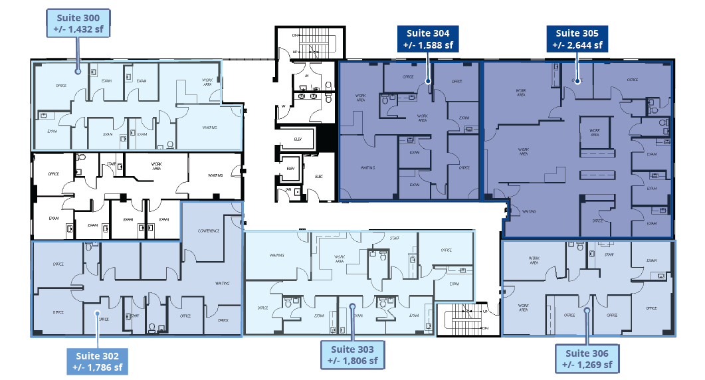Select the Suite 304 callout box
point(427,39)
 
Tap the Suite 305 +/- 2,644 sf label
point(577,39)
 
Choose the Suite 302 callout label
point(97,361)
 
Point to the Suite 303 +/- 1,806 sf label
point(352,355)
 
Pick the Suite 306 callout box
point(587,358)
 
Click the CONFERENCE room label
point(209,231)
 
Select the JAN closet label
point(288,190)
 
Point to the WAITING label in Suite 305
point(529,211)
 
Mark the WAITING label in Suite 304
point(367,167)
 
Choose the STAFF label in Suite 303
point(395,238)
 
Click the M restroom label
point(306,76)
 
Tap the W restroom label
point(284,106)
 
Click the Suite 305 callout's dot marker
point(577,80)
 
